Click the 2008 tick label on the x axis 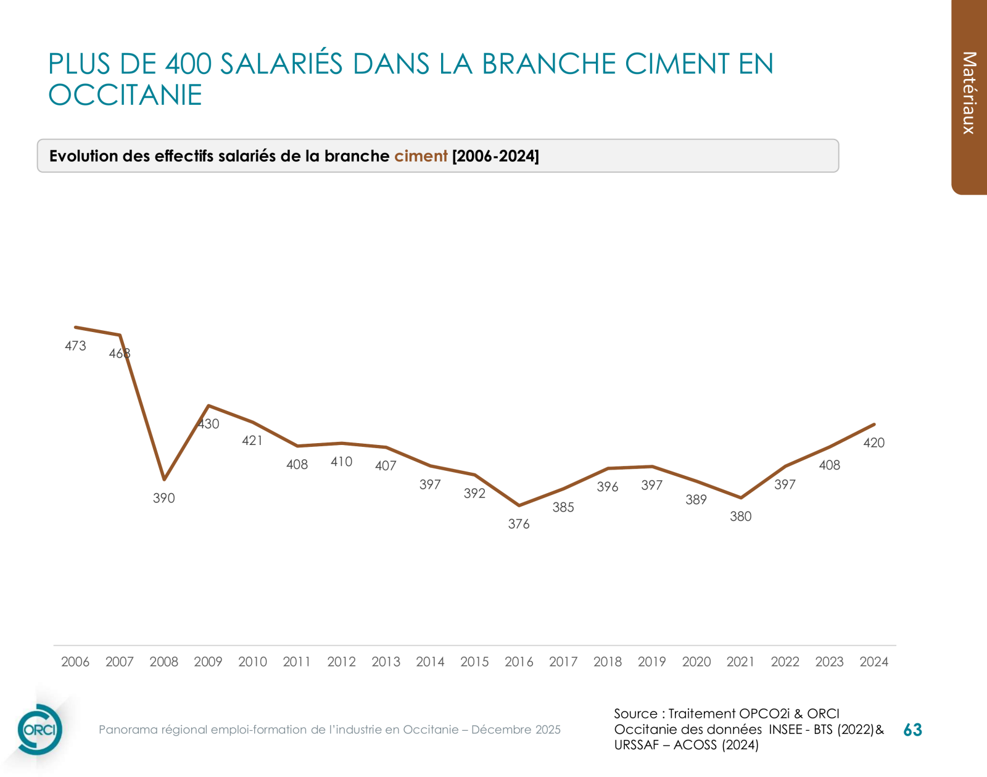[x=163, y=662]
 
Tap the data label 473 [x=75, y=346]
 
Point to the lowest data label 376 [x=519, y=524]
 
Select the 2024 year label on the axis [x=873, y=662]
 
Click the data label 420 [x=873, y=443]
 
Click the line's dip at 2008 [x=164, y=479]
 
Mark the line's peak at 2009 [x=209, y=405]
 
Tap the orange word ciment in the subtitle [x=421, y=156]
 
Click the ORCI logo [x=39, y=729]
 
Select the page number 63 [x=912, y=730]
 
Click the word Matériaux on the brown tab [x=969, y=93]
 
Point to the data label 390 [x=164, y=498]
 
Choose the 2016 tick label [x=519, y=662]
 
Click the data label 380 [x=740, y=517]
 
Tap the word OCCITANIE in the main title [x=125, y=95]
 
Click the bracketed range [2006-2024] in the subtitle [x=495, y=156]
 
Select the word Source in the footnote [x=635, y=713]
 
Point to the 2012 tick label [x=341, y=662]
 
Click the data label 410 [x=341, y=462]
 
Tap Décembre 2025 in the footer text [x=516, y=729]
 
